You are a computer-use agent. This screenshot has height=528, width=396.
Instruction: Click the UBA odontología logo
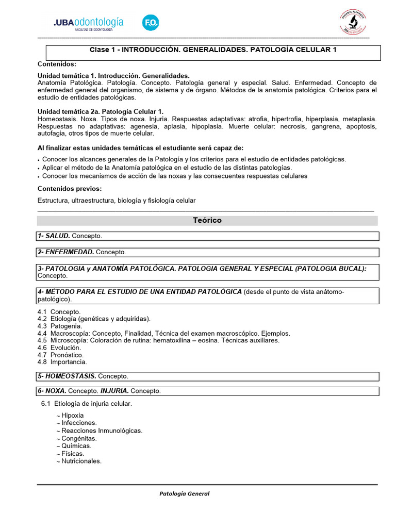88,24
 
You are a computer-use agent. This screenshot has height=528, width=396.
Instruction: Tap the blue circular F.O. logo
151,23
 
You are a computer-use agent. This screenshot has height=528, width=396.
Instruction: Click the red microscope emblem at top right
353,22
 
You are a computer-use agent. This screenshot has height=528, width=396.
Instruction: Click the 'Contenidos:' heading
57,64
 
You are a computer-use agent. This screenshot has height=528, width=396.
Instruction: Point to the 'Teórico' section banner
207,220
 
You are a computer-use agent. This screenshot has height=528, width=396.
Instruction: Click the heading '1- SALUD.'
53,236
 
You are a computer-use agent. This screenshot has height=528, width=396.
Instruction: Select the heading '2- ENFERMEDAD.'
65,252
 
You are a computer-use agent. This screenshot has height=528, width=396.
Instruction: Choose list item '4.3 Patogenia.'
60,326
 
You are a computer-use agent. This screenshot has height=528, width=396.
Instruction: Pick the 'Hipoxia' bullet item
72,415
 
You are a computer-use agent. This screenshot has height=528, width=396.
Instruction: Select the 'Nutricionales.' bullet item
81,461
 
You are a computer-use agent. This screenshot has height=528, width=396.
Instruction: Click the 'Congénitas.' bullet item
79,438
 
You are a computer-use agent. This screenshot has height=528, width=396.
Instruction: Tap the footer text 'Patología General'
184,493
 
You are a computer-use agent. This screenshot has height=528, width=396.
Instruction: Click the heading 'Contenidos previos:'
70,188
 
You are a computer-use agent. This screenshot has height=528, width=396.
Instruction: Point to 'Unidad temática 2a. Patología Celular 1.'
101,111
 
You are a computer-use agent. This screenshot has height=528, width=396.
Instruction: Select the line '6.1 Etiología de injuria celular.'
87,404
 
